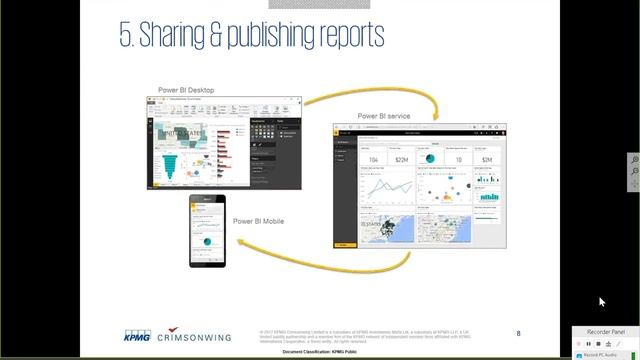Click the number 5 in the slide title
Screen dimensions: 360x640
pos(125,36)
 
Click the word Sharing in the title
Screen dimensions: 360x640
pos(178,36)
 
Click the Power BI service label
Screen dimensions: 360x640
pos(383,117)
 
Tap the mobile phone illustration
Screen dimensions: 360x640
pos(206,231)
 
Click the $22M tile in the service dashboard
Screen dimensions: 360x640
pos(401,160)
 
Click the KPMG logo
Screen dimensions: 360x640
pos(138,335)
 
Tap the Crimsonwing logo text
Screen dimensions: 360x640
pos(194,336)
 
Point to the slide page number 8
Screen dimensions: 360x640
pos(518,333)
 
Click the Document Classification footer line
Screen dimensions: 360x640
pos(319,352)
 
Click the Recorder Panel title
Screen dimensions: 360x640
pos(605,331)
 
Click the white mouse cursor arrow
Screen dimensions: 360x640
pos(602,302)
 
